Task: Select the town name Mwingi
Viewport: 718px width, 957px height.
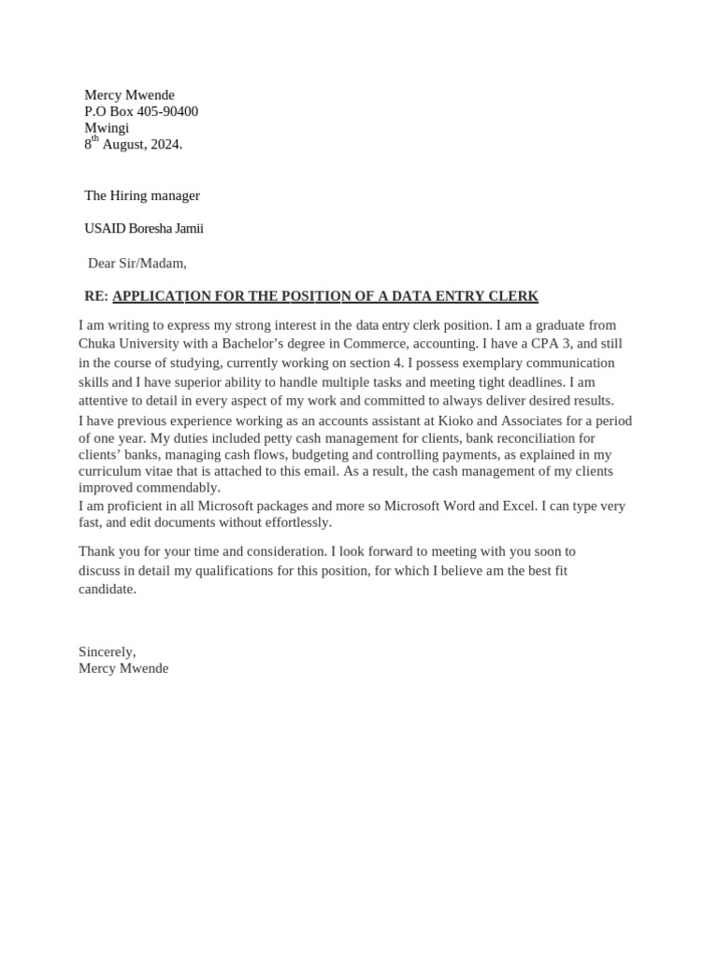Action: click(x=107, y=128)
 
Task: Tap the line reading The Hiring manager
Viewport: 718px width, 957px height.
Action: click(x=142, y=195)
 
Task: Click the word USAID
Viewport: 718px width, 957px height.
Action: click(x=104, y=228)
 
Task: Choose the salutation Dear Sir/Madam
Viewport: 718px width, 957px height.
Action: click(x=136, y=263)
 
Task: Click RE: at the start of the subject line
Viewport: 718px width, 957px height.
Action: click(x=96, y=296)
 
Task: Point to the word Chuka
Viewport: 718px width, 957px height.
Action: click(x=97, y=343)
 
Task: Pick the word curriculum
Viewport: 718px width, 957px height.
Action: click(x=111, y=471)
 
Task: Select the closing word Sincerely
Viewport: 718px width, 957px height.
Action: click(x=107, y=651)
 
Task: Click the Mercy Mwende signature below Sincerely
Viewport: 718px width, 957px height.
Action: click(x=123, y=668)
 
